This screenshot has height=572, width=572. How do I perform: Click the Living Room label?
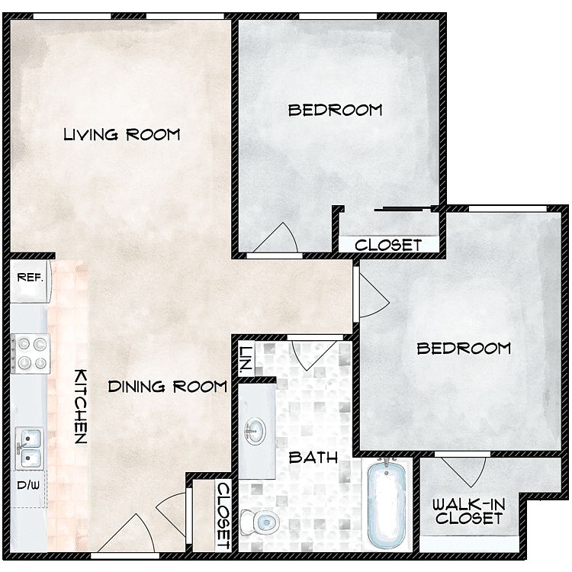(x=122, y=134)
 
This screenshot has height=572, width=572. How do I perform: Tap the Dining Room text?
(x=168, y=387)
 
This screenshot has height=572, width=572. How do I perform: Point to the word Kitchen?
(x=81, y=407)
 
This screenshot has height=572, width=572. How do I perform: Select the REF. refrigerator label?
(x=30, y=278)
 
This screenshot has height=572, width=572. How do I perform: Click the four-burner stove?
(x=31, y=353)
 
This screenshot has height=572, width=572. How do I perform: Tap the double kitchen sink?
(x=29, y=448)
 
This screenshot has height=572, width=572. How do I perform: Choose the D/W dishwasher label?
(x=28, y=485)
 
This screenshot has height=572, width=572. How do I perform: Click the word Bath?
(x=313, y=458)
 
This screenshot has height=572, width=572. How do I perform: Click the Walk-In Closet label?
(x=469, y=512)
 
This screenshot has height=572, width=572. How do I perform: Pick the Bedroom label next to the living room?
(x=336, y=110)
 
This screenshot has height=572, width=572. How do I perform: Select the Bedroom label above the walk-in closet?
(x=464, y=349)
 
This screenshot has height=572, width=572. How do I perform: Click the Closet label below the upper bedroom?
(x=388, y=245)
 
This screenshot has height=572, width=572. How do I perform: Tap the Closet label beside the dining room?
(x=223, y=516)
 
